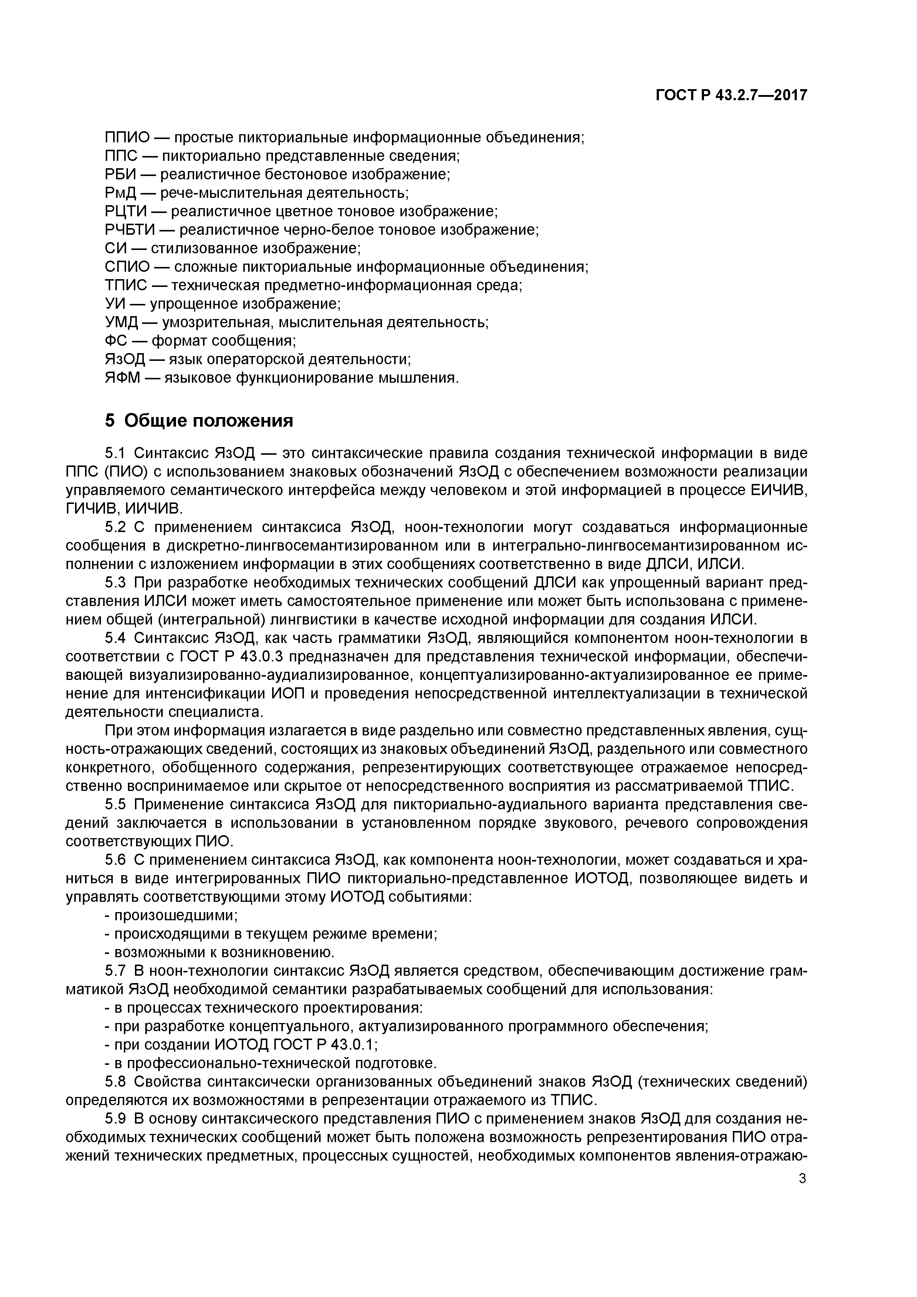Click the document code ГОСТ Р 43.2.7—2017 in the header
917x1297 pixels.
click(731, 95)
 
